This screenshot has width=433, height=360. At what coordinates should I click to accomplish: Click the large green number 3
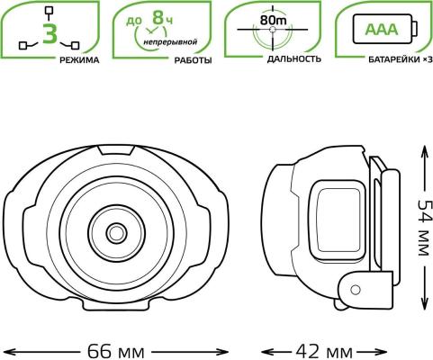50,33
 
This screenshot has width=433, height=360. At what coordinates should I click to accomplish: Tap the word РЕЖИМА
79,60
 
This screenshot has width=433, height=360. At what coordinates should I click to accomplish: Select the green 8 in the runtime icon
158,17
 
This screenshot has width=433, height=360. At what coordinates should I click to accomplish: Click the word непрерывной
170,41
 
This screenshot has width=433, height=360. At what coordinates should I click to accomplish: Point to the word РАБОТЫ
193,60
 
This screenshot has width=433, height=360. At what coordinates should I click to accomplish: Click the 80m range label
273,21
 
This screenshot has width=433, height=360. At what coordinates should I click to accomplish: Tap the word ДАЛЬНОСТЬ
294,59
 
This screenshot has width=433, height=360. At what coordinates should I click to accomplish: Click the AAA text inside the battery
382,30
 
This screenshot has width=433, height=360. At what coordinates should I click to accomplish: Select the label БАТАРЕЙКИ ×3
401,59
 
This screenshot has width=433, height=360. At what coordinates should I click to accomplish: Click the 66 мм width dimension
116,351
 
